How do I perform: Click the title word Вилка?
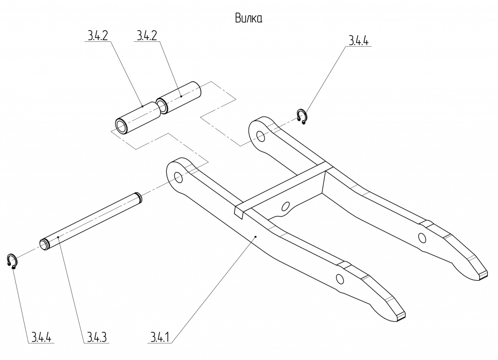[x=249, y=18]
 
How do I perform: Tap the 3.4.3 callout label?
[x=98, y=337]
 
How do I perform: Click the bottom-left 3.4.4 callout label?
[x=42, y=337]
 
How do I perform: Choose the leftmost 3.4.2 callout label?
[x=98, y=36]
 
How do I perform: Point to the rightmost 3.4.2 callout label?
[x=147, y=36]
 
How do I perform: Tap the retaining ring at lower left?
[x=13, y=261]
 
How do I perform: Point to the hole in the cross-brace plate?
[x=285, y=206]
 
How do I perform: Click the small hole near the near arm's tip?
[x=339, y=279]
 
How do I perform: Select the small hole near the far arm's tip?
[x=422, y=237]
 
